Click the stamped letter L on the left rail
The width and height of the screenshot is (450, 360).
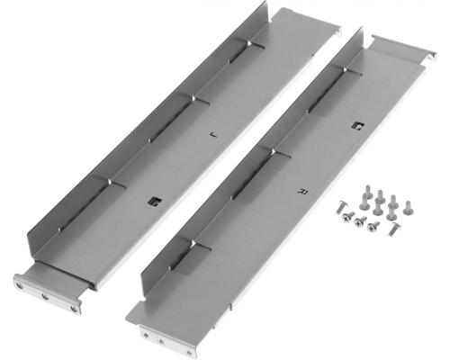pyautogui.click(x=213, y=135)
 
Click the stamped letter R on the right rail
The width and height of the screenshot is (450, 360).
pyautogui.click(x=303, y=191)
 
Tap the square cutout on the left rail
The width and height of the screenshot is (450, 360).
pyautogui.click(x=156, y=202)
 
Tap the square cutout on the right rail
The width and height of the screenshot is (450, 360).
pyautogui.click(x=357, y=126)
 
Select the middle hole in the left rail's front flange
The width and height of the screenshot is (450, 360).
pyautogui.click(x=45, y=297)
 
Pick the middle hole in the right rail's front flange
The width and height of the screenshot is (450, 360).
pyautogui.click(x=161, y=341)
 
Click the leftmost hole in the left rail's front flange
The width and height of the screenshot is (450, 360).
pyautogui.click(x=20, y=286)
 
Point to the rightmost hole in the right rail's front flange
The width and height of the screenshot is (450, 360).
pyautogui.click(x=188, y=353)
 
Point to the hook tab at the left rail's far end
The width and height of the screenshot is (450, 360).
pyautogui.click(x=338, y=31)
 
